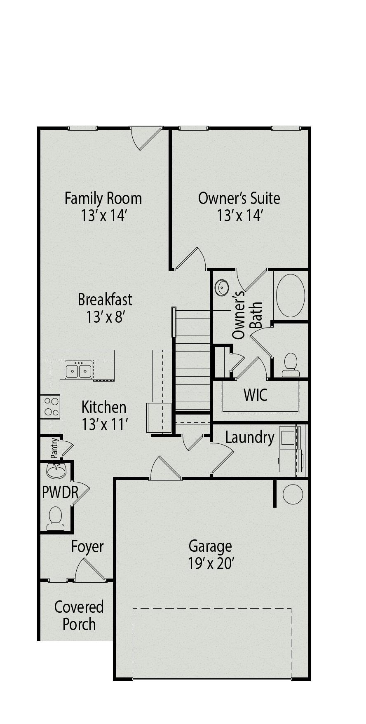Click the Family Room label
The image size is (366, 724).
[x=103, y=198]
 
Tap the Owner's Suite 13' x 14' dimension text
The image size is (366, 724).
[x=239, y=216]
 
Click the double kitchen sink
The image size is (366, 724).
[x=78, y=370]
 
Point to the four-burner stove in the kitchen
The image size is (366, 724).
[x=51, y=406]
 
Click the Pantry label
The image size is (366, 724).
[x=54, y=448]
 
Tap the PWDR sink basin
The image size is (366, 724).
[x=56, y=471]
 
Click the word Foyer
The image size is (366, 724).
[x=87, y=547]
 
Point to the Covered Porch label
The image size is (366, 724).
[x=79, y=616]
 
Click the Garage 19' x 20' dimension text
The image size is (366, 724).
[x=211, y=563]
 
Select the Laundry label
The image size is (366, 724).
[x=250, y=437]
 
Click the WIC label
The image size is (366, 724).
[x=256, y=395]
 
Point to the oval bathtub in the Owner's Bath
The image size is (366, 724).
[x=290, y=295]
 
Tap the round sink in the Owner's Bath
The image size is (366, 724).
[x=222, y=287]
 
